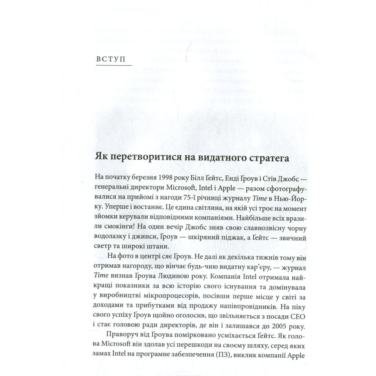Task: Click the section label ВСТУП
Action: coord(110,59)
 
